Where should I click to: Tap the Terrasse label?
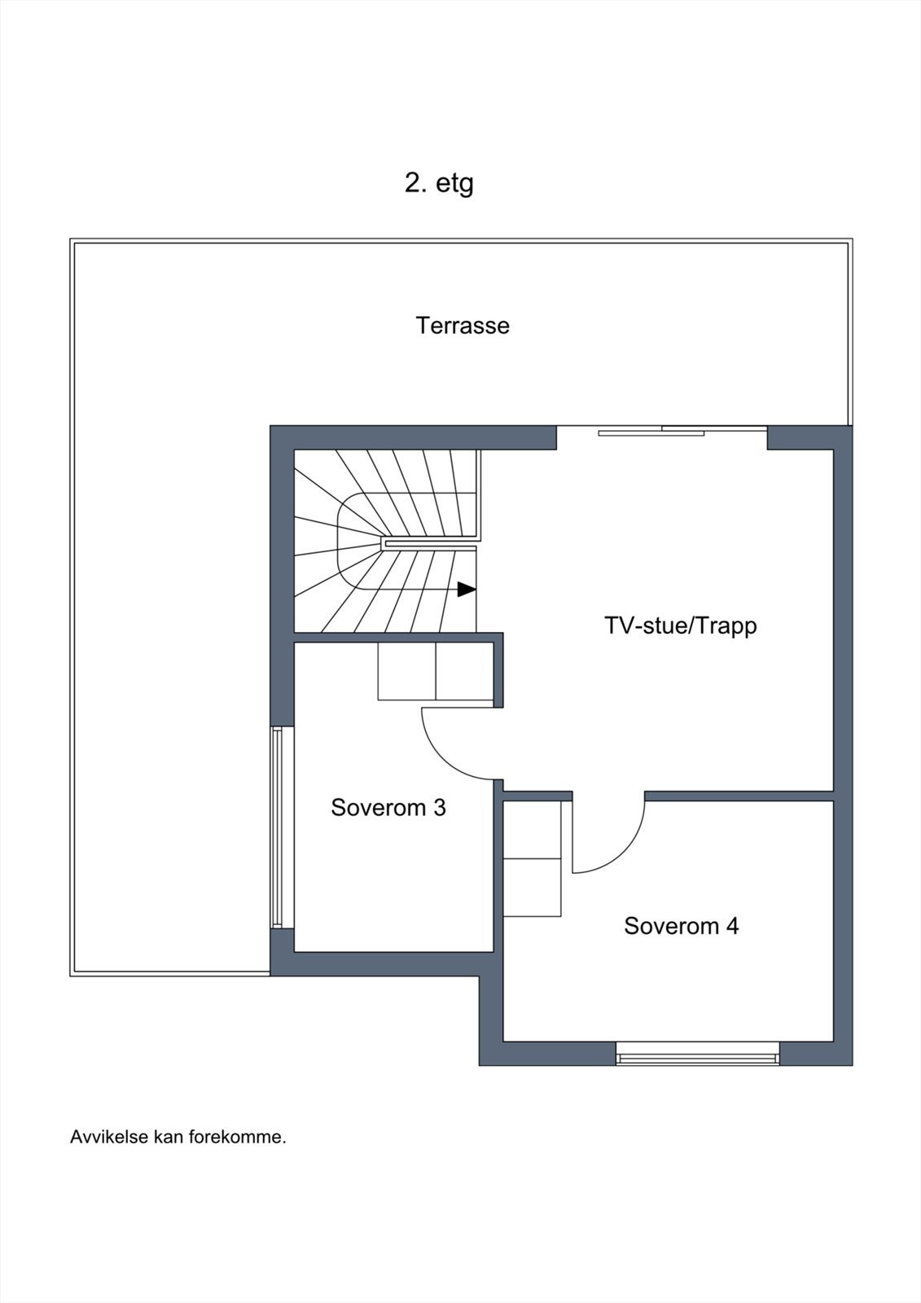click(463, 325)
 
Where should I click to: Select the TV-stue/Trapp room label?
click(681, 626)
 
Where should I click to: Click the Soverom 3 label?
click(388, 807)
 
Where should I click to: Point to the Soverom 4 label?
click(682, 925)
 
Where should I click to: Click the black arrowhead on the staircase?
click(467, 590)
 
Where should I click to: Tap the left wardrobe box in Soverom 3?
click(406, 671)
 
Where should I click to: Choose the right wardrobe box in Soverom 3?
click(465, 671)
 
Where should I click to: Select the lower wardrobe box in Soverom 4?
click(532, 887)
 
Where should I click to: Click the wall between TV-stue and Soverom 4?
click(739, 796)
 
